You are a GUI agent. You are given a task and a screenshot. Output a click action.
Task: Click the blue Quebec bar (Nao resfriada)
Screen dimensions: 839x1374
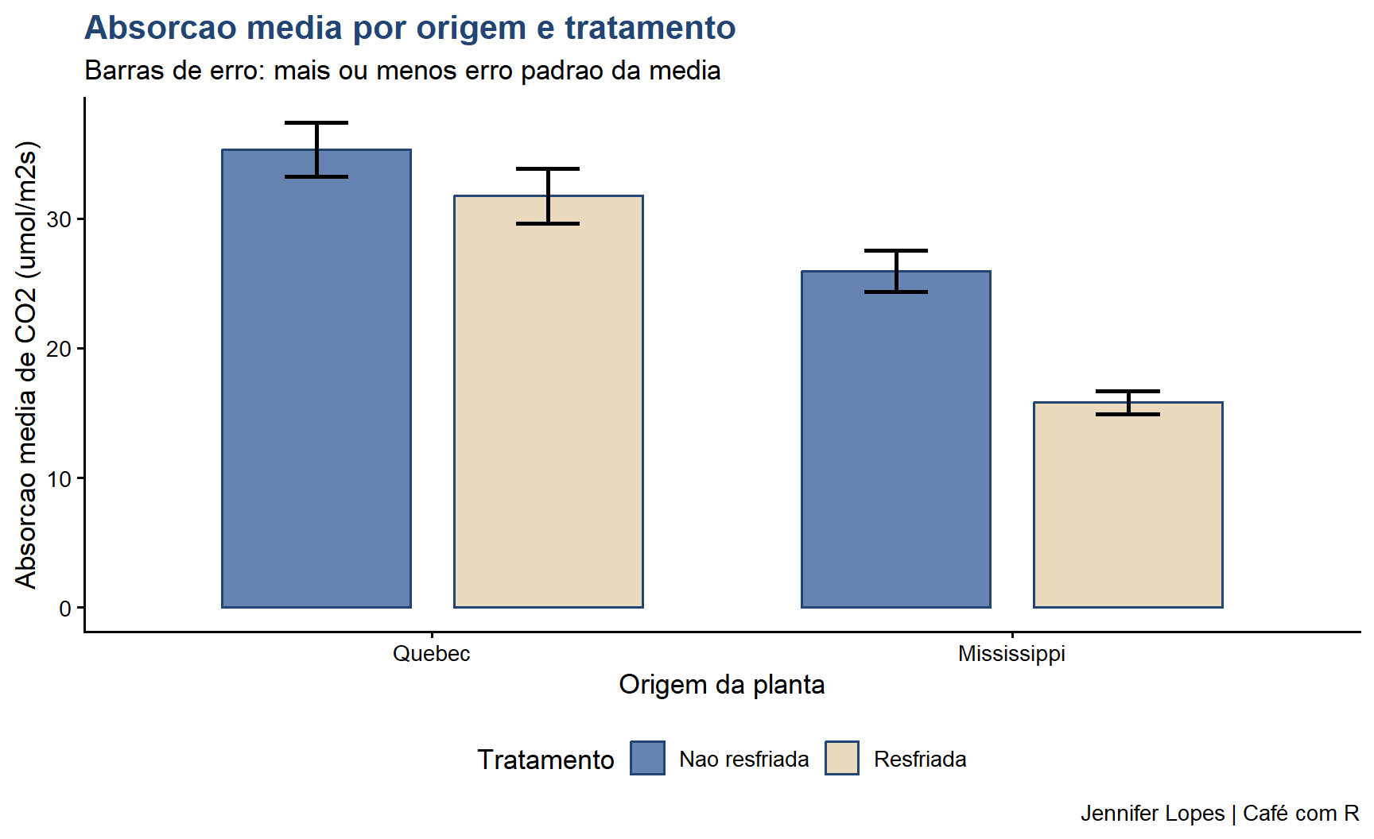coord(316,381)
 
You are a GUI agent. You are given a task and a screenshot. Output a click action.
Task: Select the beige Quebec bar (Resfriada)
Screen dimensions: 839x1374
coord(548,405)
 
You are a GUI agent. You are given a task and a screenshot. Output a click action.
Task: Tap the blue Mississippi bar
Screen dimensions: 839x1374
coord(895,441)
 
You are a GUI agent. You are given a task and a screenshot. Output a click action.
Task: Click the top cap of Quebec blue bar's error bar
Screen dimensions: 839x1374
coord(316,123)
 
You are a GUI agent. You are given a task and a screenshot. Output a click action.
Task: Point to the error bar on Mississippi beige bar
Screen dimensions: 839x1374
coord(1128,403)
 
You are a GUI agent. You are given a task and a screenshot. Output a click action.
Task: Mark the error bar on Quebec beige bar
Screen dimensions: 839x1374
coord(548,196)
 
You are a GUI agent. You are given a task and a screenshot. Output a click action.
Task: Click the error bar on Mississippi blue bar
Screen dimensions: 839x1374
coord(895,271)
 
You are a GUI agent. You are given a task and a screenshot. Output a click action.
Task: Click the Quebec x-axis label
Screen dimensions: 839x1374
coord(431,654)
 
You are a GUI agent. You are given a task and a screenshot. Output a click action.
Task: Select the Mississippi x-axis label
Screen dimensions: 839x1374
coord(1011,654)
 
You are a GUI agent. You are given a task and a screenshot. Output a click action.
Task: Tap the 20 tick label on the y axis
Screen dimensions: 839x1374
coord(60,349)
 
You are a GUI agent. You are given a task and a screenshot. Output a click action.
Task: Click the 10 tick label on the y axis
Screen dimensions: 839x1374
coord(60,479)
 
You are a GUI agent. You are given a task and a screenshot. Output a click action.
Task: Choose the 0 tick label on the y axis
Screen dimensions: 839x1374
coord(65,609)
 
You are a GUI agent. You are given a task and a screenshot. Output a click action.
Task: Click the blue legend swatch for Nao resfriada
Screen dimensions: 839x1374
coord(647,758)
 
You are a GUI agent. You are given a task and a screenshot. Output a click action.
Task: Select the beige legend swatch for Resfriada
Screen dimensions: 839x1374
coord(841,758)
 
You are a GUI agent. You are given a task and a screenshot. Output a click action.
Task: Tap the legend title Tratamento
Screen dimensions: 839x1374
coord(545,760)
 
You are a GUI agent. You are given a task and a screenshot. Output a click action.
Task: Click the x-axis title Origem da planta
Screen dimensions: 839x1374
coord(721,685)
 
